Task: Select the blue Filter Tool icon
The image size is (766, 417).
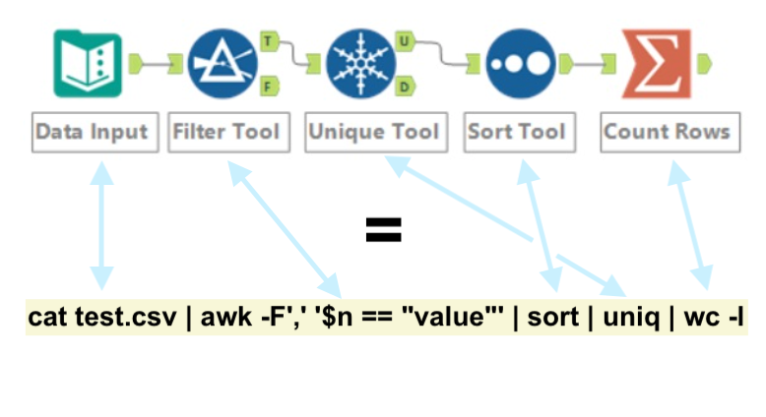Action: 222,65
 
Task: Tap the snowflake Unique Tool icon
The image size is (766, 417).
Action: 358,65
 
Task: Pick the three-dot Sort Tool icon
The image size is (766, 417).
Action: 518,65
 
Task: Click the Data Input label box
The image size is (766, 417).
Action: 92,132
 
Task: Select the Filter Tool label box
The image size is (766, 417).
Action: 228,132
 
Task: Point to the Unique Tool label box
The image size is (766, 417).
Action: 373,132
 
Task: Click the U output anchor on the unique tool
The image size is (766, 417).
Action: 404,42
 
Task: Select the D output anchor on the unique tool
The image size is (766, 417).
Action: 404,88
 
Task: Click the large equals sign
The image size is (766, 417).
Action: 384,231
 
